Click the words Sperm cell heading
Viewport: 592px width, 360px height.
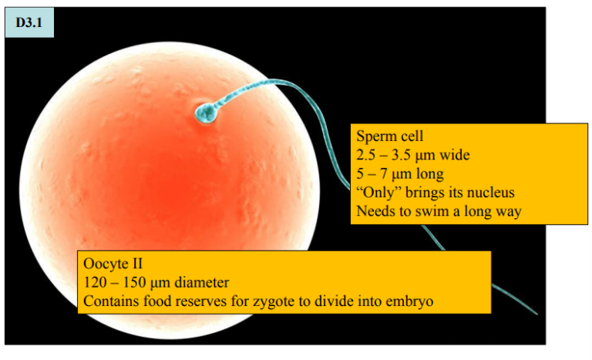click(x=388, y=136)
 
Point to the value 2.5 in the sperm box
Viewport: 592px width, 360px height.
click(x=366, y=155)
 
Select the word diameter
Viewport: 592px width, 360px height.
click(x=199, y=282)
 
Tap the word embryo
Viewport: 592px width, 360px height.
click(x=411, y=301)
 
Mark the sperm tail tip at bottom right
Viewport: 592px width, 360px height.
click(x=535, y=312)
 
